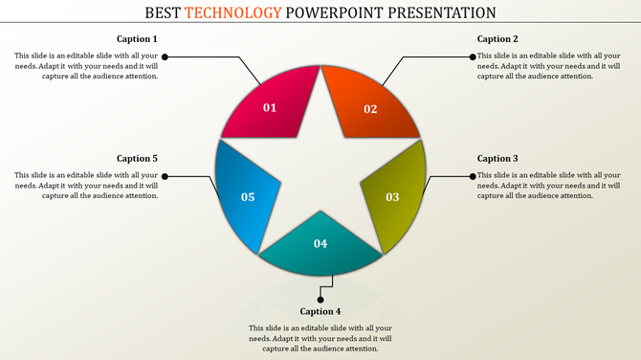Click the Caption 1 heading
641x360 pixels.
[x=137, y=39]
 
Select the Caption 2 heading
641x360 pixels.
[x=497, y=39]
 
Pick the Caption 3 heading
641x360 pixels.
[x=497, y=158]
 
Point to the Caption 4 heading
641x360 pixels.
[x=320, y=311]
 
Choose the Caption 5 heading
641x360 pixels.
[x=137, y=158]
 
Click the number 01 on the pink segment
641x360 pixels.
[x=270, y=107]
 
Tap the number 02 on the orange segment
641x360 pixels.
[x=370, y=108]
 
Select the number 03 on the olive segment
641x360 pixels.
[x=392, y=197]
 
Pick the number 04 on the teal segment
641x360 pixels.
[x=320, y=243]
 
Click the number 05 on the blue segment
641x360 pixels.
[x=248, y=197]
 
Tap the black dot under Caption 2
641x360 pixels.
[x=473, y=57]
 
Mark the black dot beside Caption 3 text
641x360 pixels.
[x=473, y=176]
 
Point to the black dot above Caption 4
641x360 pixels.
[x=320, y=299]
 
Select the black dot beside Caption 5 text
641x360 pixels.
[x=165, y=176]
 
